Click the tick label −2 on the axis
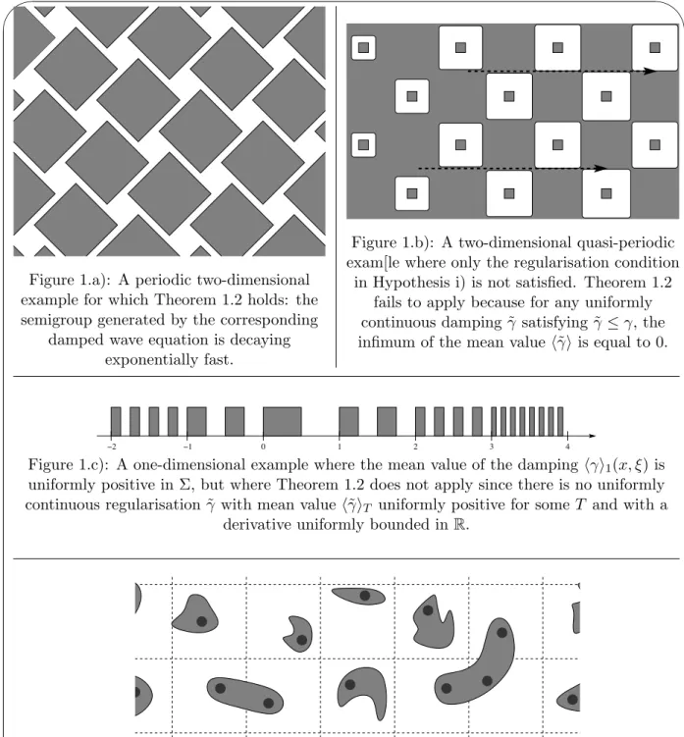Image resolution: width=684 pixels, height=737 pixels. [x=112, y=447]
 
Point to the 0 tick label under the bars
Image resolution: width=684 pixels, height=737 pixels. [x=263, y=447]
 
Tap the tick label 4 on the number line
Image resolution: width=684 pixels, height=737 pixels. [x=567, y=447]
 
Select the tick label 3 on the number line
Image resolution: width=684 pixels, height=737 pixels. [x=492, y=447]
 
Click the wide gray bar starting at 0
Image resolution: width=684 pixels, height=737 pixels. [x=282, y=422]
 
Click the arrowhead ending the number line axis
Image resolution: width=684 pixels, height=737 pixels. [x=592, y=436]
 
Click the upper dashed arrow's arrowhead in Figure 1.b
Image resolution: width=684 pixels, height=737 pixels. [x=650, y=72]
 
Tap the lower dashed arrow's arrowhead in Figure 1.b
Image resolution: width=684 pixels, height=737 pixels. [x=601, y=168]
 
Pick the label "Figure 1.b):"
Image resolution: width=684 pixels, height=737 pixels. [x=393, y=243]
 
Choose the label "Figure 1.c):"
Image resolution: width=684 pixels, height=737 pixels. [x=69, y=465]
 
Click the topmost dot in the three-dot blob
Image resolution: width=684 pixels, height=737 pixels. [x=501, y=633]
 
